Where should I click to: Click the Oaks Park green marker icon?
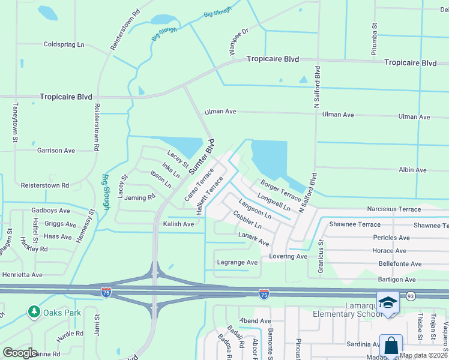coord(34,312)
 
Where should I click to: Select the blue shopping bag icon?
coord(391,346)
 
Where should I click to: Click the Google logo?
coord(20,352)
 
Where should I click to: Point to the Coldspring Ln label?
coord(64,44)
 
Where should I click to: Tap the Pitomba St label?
coord(374,39)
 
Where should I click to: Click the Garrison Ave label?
coord(56,151)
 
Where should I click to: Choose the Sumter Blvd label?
coord(202,157)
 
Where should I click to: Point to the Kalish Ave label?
coord(178,224)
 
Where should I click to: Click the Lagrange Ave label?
coord(237,262)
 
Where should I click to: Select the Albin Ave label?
coord(412,170)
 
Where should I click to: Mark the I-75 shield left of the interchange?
coord(106,293)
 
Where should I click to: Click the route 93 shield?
coord(411,296)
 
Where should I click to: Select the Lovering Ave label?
coord(288,256)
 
